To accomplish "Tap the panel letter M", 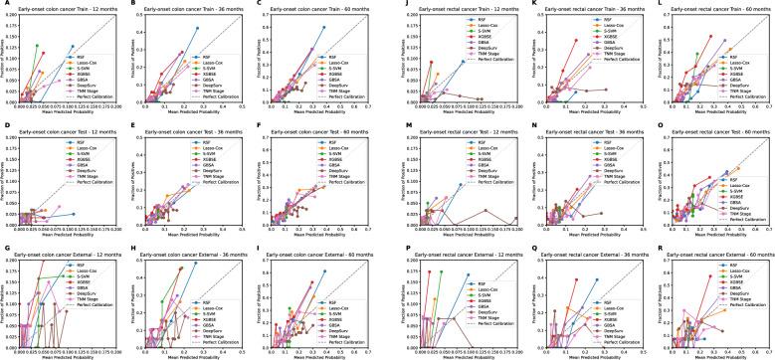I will pyautogui.click(x=395, y=126).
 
